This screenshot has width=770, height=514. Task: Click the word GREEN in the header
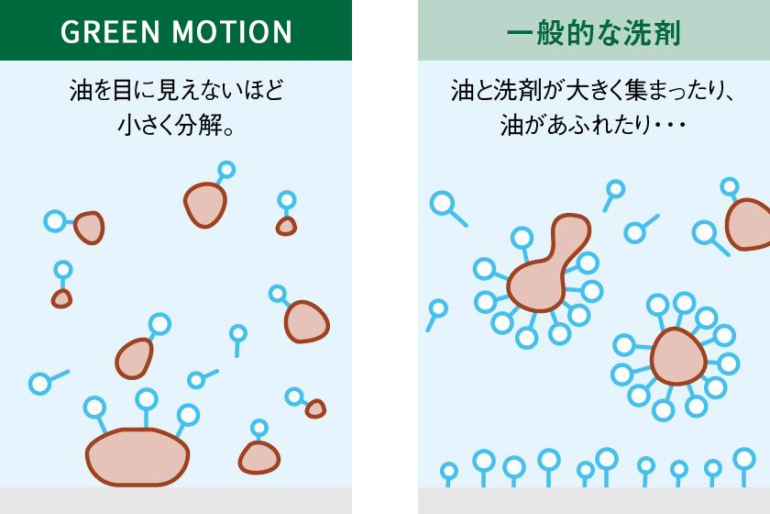click(111, 31)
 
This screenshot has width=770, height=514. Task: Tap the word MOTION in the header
click(232, 31)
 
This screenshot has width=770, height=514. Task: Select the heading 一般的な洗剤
click(594, 33)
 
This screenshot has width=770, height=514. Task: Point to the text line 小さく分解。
click(176, 125)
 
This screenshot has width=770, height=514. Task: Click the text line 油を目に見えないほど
click(176, 90)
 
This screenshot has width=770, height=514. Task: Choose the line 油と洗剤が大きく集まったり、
click(593, 91)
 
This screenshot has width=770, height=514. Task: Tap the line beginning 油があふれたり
click(593, 125)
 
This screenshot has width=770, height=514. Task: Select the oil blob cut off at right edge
click(748, 224)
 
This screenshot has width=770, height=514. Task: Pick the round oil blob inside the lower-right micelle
click(678, 356)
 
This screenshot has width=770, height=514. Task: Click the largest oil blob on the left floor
click(137, 457)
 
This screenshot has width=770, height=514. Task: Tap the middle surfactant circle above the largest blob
click(147, 399)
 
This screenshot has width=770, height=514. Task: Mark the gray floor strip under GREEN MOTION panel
click(176, 501)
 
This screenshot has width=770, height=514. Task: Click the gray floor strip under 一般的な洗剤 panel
click(594, 501)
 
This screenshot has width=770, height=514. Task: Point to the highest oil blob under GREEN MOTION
click(205, 205)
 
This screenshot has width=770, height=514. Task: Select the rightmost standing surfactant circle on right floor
click(744, 459)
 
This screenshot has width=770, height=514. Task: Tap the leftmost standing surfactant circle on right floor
click(449, 471)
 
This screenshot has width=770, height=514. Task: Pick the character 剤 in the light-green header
click(666, 33)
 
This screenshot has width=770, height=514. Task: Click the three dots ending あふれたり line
click(671, 126)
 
